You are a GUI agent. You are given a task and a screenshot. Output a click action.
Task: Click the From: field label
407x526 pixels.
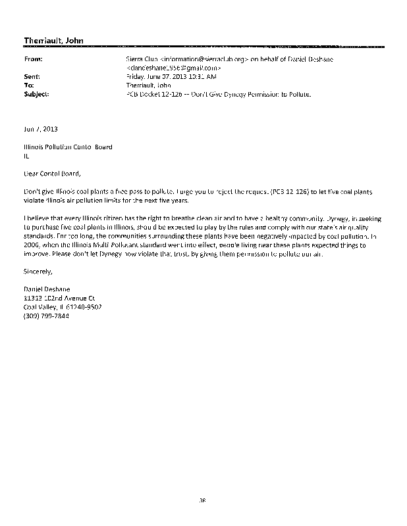33,59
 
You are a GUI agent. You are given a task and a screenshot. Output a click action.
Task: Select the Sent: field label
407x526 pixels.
32,76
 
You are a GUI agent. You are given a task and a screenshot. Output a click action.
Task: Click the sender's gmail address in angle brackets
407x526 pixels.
173,68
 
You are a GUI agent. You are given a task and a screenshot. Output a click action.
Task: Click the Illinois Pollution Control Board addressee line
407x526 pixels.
68,147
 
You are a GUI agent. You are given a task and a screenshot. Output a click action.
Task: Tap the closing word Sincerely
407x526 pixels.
37,270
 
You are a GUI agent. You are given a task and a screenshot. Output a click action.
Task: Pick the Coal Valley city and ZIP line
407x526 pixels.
63,306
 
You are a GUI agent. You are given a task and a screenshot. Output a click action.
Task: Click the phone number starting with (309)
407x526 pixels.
46,316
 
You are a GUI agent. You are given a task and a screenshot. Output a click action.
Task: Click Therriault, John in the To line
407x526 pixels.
148,85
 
